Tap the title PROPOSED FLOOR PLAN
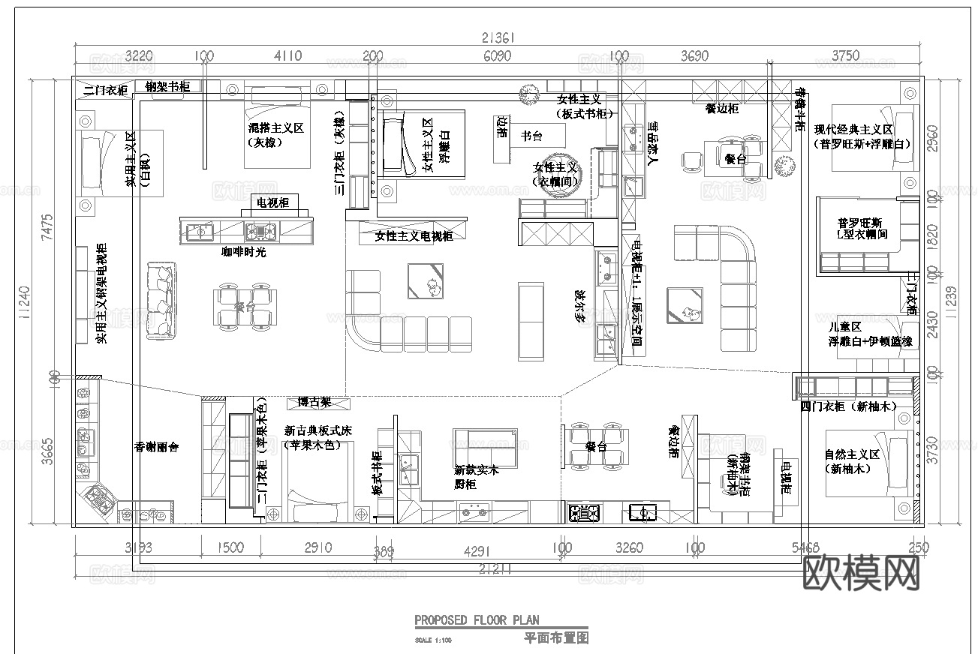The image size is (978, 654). point(477,620)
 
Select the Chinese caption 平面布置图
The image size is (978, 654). point(555,638)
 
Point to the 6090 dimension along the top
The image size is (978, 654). point(497,56)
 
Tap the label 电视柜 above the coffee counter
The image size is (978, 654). point(272,203)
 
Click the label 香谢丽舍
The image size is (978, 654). point(156,447)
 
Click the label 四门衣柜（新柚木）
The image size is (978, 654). point(848,406)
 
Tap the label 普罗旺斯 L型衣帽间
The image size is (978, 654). point(862,229)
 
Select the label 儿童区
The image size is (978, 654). point(844,327)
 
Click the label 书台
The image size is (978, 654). point(531,136)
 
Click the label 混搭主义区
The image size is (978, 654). point(275,129)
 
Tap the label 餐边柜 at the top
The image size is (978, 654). point(721,109)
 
